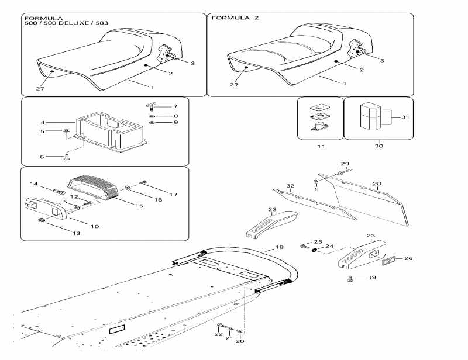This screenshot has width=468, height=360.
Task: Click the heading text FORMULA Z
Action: click(x=235, y=19)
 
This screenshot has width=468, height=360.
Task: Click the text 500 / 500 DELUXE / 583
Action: click(x=66, y=24)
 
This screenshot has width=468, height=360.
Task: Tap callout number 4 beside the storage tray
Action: click(x=42, y=123)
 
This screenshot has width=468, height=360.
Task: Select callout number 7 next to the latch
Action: click(x=174, y=106)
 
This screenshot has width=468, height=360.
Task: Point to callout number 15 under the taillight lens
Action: click(x=139, y=206)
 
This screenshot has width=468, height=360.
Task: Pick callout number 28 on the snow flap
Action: click(x=377, y=184)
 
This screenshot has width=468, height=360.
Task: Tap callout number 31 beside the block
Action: click(x=406, y=117)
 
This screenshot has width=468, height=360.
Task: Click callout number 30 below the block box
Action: click(x=378, y=146)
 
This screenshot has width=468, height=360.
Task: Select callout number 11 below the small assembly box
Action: click(x=320, y=146)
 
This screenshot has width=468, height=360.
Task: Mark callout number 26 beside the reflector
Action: click(x=409, y=258)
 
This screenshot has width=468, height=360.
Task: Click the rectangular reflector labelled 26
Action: click(x=390, y=259)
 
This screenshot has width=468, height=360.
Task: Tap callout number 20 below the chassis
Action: click(x=240, y=340)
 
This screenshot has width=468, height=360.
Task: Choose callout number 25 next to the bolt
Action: click(x=318, y=242)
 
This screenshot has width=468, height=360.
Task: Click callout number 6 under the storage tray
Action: click(x=42, y=157)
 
